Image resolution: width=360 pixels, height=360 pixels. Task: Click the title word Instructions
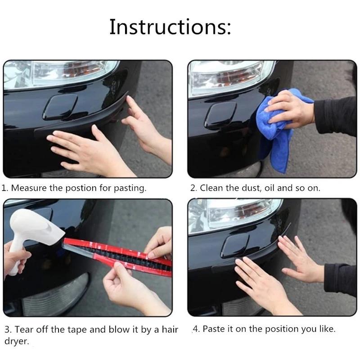[170, 27]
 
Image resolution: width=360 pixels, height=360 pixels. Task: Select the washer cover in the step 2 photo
[220, 115]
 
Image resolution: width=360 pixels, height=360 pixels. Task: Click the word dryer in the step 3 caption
[17, 342]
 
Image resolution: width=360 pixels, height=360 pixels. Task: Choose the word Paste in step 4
[214, 329]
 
